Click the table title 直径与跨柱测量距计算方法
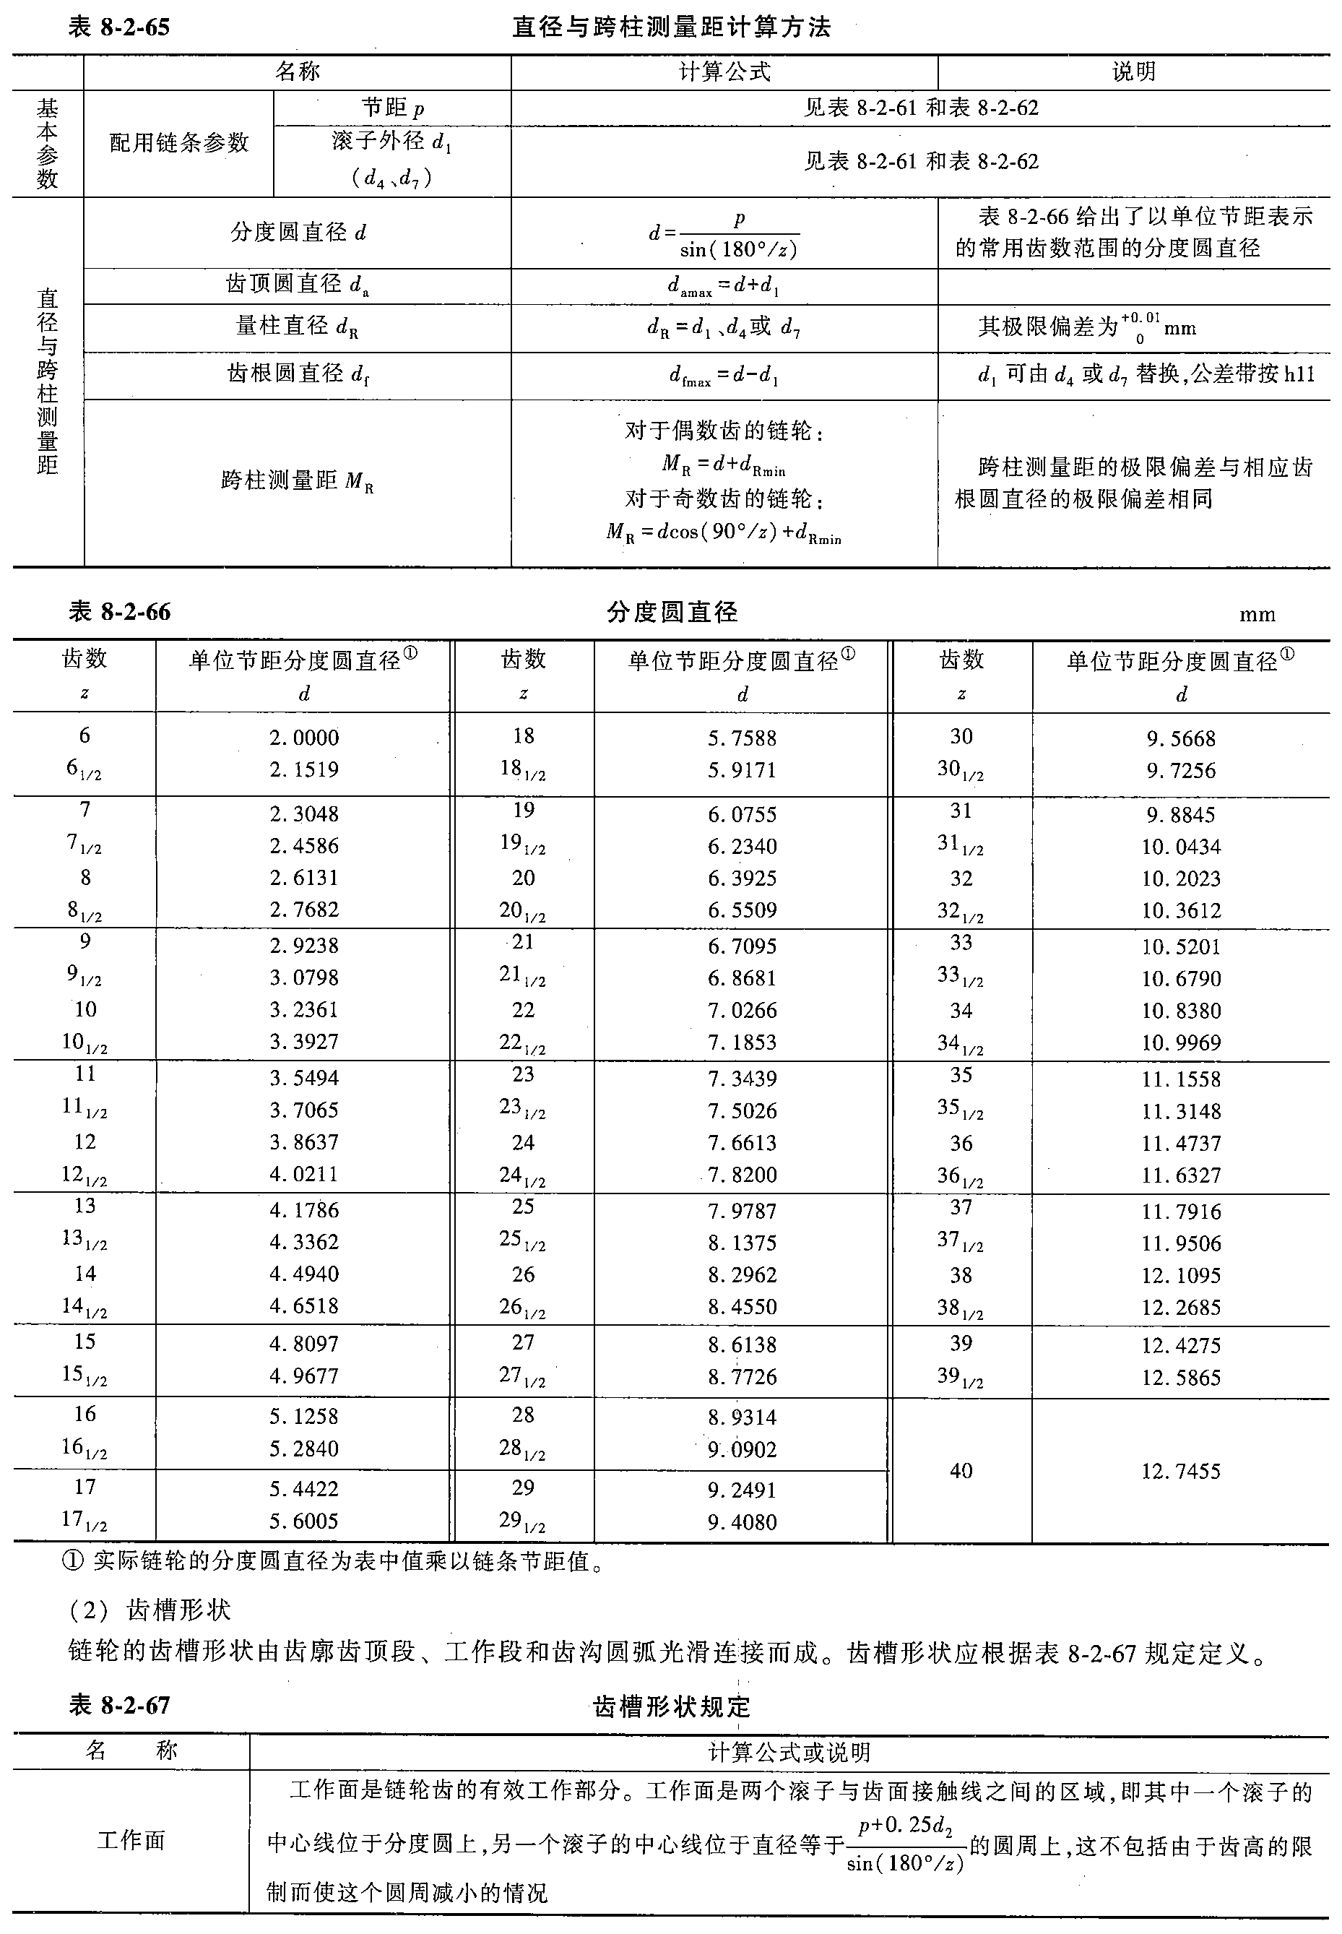pyautogui.click(x=671, y=27)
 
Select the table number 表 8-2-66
pyautogui.click(x=119, y=611)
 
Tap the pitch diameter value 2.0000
pyautogui.click(x=303, y=738)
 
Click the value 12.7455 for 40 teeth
pyautogui.click(x=1180, y=1471)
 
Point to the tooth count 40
pyautogui.click(x=961, y=1471)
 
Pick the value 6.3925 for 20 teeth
pyautogui.click(x=742, y=878)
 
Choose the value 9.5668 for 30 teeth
pyautogui.click(x=1180, y=738)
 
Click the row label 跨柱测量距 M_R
pyautogui.click(x=297, y=481)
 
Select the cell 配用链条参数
pyautogui.click(x=179, y=143)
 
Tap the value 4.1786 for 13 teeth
pyautogui.click(x=303, y=1210)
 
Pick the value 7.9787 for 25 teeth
pyautogui.click(x=742, y=1211)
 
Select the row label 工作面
pyautogui.click(x=131, y=1841)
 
